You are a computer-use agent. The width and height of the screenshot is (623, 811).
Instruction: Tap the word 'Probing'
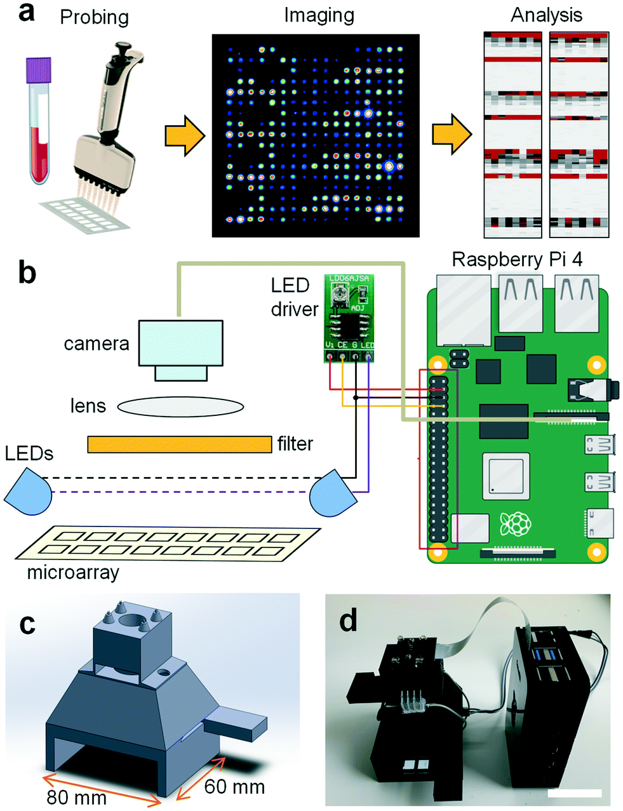pyautogui.click(x=94, y=17)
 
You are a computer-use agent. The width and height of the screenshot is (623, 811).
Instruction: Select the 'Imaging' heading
pyautogui.click(x=319, y=15)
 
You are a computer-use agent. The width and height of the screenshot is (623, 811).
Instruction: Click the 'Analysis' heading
pyautogui.click(x=546, y=15)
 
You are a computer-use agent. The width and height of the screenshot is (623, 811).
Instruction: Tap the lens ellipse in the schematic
pyautogui.click(x=180, y=406)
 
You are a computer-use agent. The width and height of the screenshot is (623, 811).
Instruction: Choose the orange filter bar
pyautogui.click(x=180, y=444)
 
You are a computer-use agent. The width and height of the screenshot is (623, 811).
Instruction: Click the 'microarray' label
pyautogui.click(x=73, y=573)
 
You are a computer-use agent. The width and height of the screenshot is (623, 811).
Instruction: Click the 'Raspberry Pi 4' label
pyautogui.click(x=517, y=260)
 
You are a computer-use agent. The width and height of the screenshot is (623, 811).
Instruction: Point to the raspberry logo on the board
pyautogui.click(x=514, y=524)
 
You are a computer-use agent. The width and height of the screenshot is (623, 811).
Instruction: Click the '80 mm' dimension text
pyautogui.click(x=77, y=797)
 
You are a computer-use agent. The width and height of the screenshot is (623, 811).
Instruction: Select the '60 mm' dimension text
pyautogui.click(x=234, y=787)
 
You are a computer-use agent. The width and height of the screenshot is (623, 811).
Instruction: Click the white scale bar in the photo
pyautogui.click(x=574, y=793)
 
